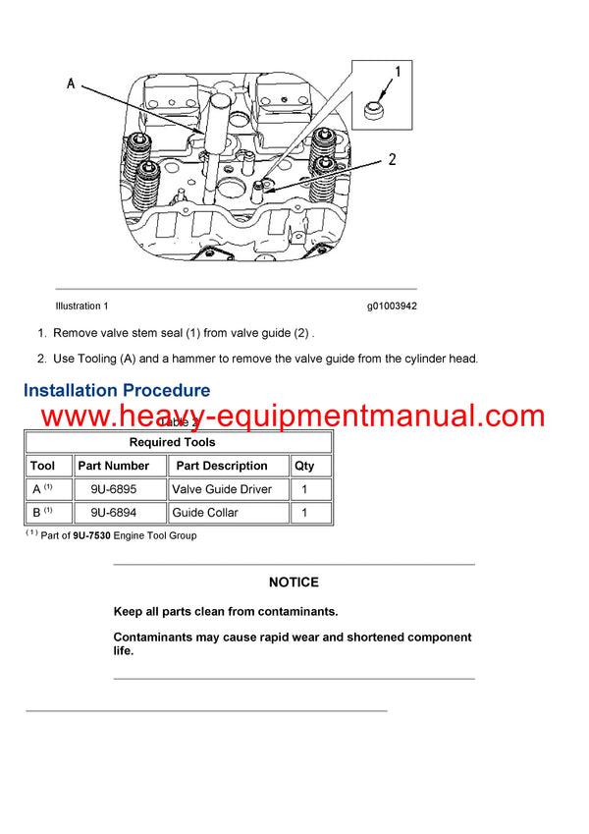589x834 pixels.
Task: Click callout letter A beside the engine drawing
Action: point(71,84)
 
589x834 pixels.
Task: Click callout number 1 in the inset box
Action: point(398,72)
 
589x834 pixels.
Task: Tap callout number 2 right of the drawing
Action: point(392,160)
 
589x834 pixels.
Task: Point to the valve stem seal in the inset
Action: point(373,109)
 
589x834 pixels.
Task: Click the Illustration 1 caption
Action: point(82,306)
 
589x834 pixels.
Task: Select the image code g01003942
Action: point(392,306)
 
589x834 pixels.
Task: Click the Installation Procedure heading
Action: point(117,391)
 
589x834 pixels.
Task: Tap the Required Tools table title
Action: point(178,442)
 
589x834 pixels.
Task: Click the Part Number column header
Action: point(114,466)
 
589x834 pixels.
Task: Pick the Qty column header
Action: point(304,466)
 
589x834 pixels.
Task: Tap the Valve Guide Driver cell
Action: point(222,489)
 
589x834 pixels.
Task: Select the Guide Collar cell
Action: point(205,513)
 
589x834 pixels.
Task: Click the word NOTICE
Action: point(294,583)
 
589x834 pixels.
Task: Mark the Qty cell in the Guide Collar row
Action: point(304,513)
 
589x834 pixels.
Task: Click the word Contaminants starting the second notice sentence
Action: point(155,638)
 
